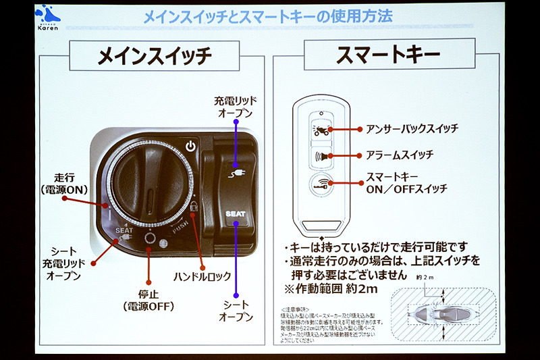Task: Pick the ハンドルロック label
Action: tap(202, 276)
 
